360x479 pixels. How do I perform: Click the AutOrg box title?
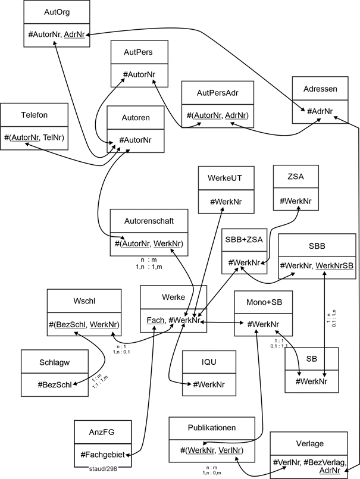click(57, 11)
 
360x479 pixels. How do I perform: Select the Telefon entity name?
click(34, 115)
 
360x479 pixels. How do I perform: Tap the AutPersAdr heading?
click(217, 92)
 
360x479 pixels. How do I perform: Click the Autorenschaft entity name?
click(150, 221)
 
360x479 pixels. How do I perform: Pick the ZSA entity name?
click(295, 177)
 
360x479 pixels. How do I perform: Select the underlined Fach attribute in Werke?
click(155, 320)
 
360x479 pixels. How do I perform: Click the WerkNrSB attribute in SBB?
click(334, 264)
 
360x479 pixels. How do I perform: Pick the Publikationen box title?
click(211, 427)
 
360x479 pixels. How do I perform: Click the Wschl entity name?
click(84, 300)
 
